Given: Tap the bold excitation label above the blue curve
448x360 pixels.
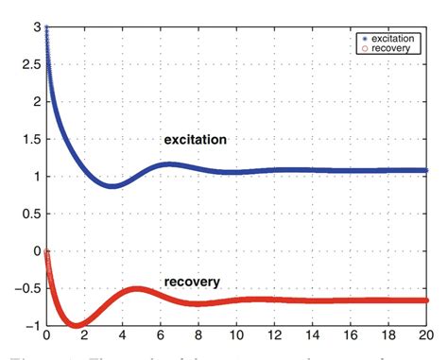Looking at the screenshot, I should [x=195, y=141].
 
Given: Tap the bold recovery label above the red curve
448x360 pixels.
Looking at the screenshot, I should [x=192, y=282].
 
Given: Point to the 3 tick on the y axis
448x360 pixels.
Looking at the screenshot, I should [x=34, y=28].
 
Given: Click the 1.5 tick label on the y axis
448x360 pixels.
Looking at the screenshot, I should [x=29, y=140].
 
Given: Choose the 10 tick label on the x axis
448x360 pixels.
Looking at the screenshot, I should [x=235, y=336].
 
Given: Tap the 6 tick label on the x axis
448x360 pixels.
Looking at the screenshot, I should [x=160, y=336].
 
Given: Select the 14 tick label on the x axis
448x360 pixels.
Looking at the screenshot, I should [x=311, y=336].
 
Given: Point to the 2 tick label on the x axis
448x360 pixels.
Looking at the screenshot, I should [x=84, y=336].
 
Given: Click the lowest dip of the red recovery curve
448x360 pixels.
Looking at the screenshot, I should [x=76, y=324].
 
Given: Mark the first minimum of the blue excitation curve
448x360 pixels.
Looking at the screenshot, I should [x=112, y=185].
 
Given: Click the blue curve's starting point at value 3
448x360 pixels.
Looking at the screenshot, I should [x=46, y=29].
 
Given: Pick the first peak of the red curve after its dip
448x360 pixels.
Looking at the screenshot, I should [x=137, y=288].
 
